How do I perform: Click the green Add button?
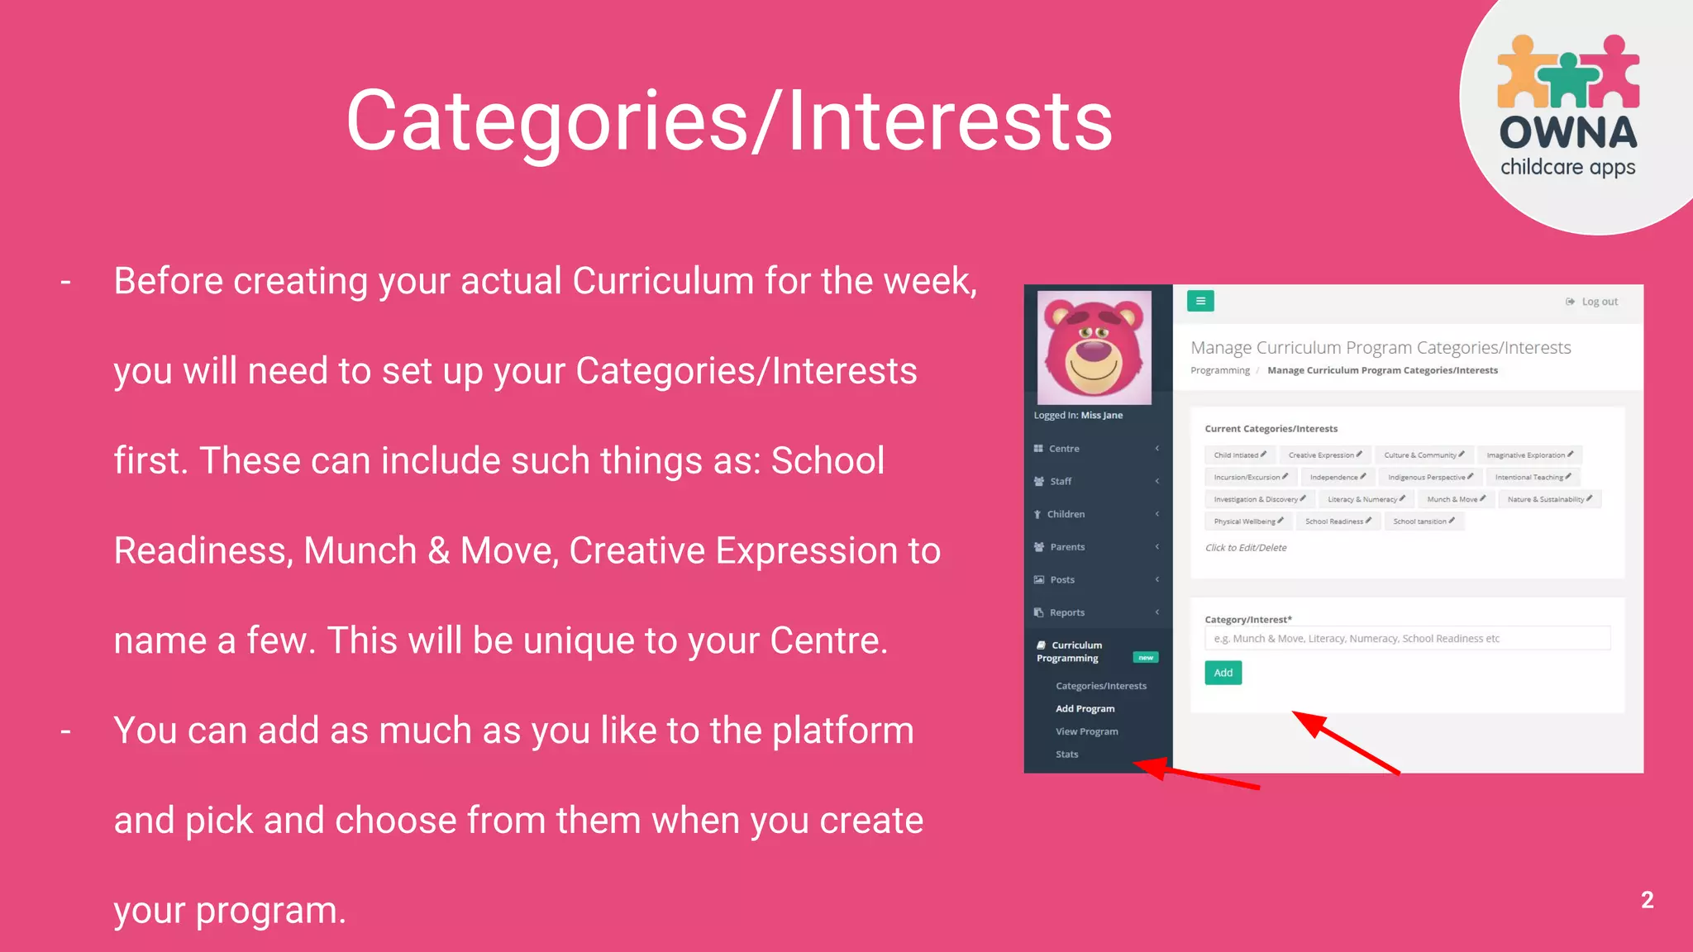1223,673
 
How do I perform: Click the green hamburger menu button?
1200,301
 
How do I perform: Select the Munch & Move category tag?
1455,499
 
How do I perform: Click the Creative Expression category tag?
1324,455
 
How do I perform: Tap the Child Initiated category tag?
1239,455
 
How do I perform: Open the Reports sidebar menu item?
1066,612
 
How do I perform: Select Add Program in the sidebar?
1085,708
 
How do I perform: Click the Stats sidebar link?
1066,754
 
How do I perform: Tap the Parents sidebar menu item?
1066,547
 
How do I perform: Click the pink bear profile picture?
1094,348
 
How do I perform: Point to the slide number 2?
1647,900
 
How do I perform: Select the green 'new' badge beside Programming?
1146,658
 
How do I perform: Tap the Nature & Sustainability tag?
1549,499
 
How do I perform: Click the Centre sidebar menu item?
1064,449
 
